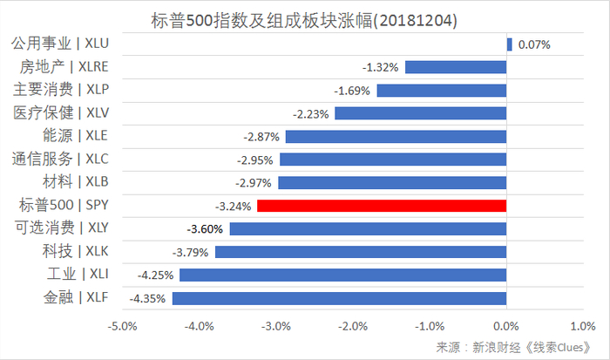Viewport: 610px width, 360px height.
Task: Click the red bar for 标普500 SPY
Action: (x=382, y=206)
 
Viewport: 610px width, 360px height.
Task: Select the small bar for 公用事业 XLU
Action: (x=509, y=44)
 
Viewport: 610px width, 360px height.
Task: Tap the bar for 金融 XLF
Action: (x=339, y=298)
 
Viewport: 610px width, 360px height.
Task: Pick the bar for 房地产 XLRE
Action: (x=456, y=66)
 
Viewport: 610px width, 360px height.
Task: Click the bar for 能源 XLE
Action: (x=396, y=136)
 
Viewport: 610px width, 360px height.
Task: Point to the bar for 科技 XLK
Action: (x=361, y=252)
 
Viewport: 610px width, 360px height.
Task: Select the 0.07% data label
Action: (x=533, y=44)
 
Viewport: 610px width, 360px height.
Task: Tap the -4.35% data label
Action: (x=148, y=299)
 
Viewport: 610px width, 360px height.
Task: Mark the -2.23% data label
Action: (x=311, y=113)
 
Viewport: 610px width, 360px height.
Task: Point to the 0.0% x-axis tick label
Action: (x=506, y=326)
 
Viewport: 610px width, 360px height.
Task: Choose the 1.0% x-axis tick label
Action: (x=582, y=326)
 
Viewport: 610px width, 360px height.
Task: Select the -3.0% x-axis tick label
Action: (x=275, y=326)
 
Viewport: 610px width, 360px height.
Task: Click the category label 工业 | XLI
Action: (x=73, y=275)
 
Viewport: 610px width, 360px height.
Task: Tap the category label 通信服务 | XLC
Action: (x=61, y=159)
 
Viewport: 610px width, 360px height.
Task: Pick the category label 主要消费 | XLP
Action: (x=61, y=89)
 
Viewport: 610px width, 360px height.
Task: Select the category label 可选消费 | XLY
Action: (x=61, y=228)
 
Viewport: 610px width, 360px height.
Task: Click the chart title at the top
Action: (x=305, y=18)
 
